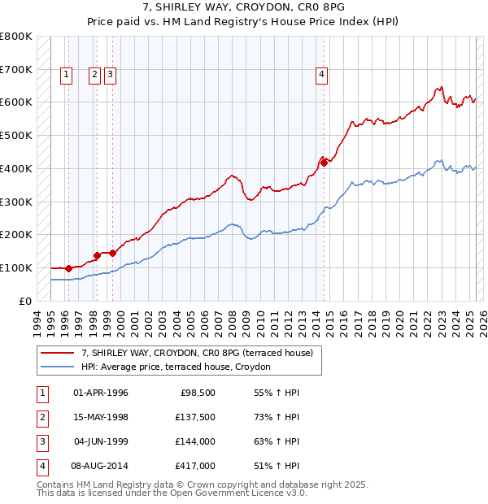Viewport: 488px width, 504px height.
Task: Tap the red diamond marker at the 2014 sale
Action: tap(324, 163)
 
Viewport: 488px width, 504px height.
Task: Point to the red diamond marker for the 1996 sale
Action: tap(68, 267)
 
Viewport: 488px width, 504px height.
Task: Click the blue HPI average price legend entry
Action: tap(180, 367)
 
